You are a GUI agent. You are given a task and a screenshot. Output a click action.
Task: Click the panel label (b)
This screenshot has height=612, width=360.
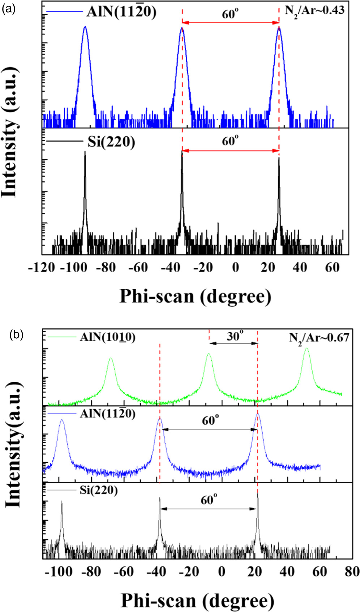pos(16,335)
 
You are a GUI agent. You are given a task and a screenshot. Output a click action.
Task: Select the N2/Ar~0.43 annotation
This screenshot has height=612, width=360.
pos(314,11)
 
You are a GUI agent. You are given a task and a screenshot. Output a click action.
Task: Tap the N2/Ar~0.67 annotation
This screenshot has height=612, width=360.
pos(319,338)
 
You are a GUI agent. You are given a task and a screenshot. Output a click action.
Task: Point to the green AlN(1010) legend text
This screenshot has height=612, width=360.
pos(107,337)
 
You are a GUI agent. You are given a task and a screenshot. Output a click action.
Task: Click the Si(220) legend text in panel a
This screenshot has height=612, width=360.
pos(111,142)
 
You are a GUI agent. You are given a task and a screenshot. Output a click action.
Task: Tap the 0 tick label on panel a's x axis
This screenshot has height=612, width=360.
pos(235,268)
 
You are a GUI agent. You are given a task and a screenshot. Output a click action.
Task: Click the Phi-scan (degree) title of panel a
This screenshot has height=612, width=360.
pos(195,296)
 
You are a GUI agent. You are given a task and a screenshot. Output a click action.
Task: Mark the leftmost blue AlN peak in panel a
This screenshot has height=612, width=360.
pos(85,27)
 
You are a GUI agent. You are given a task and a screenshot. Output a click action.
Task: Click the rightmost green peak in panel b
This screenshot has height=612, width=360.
pos(307,349)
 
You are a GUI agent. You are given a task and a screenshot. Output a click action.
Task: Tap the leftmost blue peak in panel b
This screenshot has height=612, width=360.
pos(62,420)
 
